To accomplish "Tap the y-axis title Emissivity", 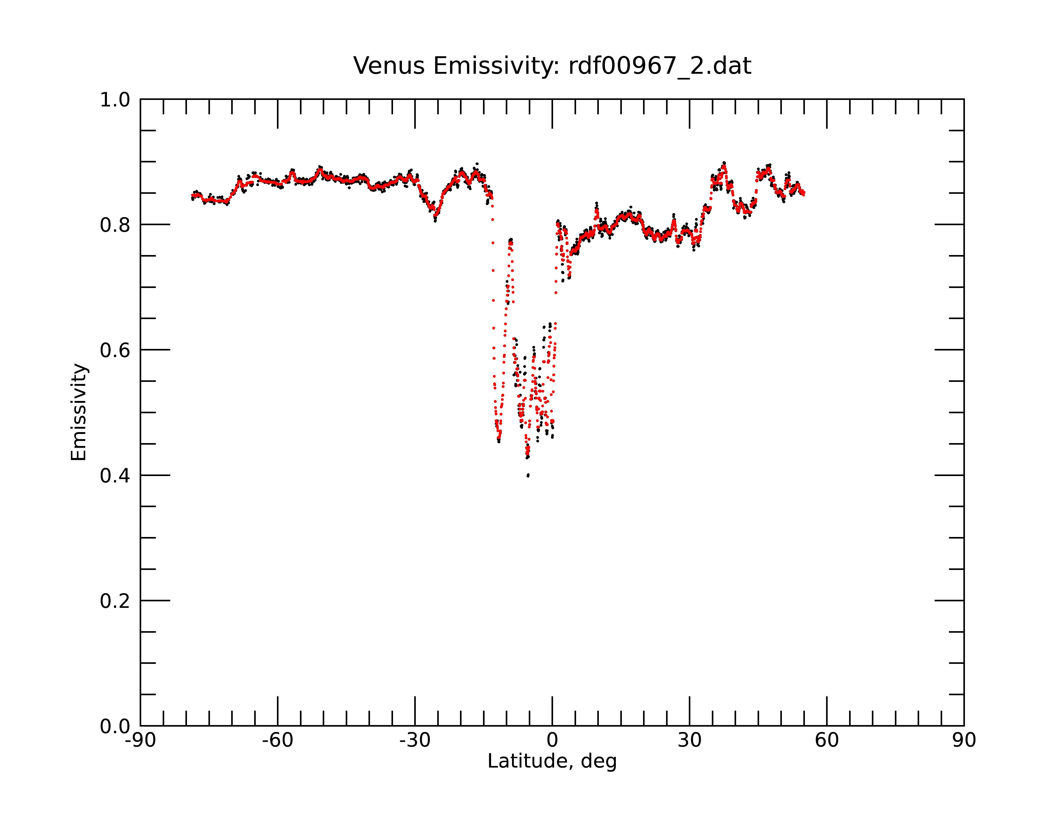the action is click(79, 412).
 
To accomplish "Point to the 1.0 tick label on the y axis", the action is click(115, 100).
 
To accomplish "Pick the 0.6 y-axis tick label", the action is click(115, 350).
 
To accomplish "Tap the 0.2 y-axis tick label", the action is click(115, 601).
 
